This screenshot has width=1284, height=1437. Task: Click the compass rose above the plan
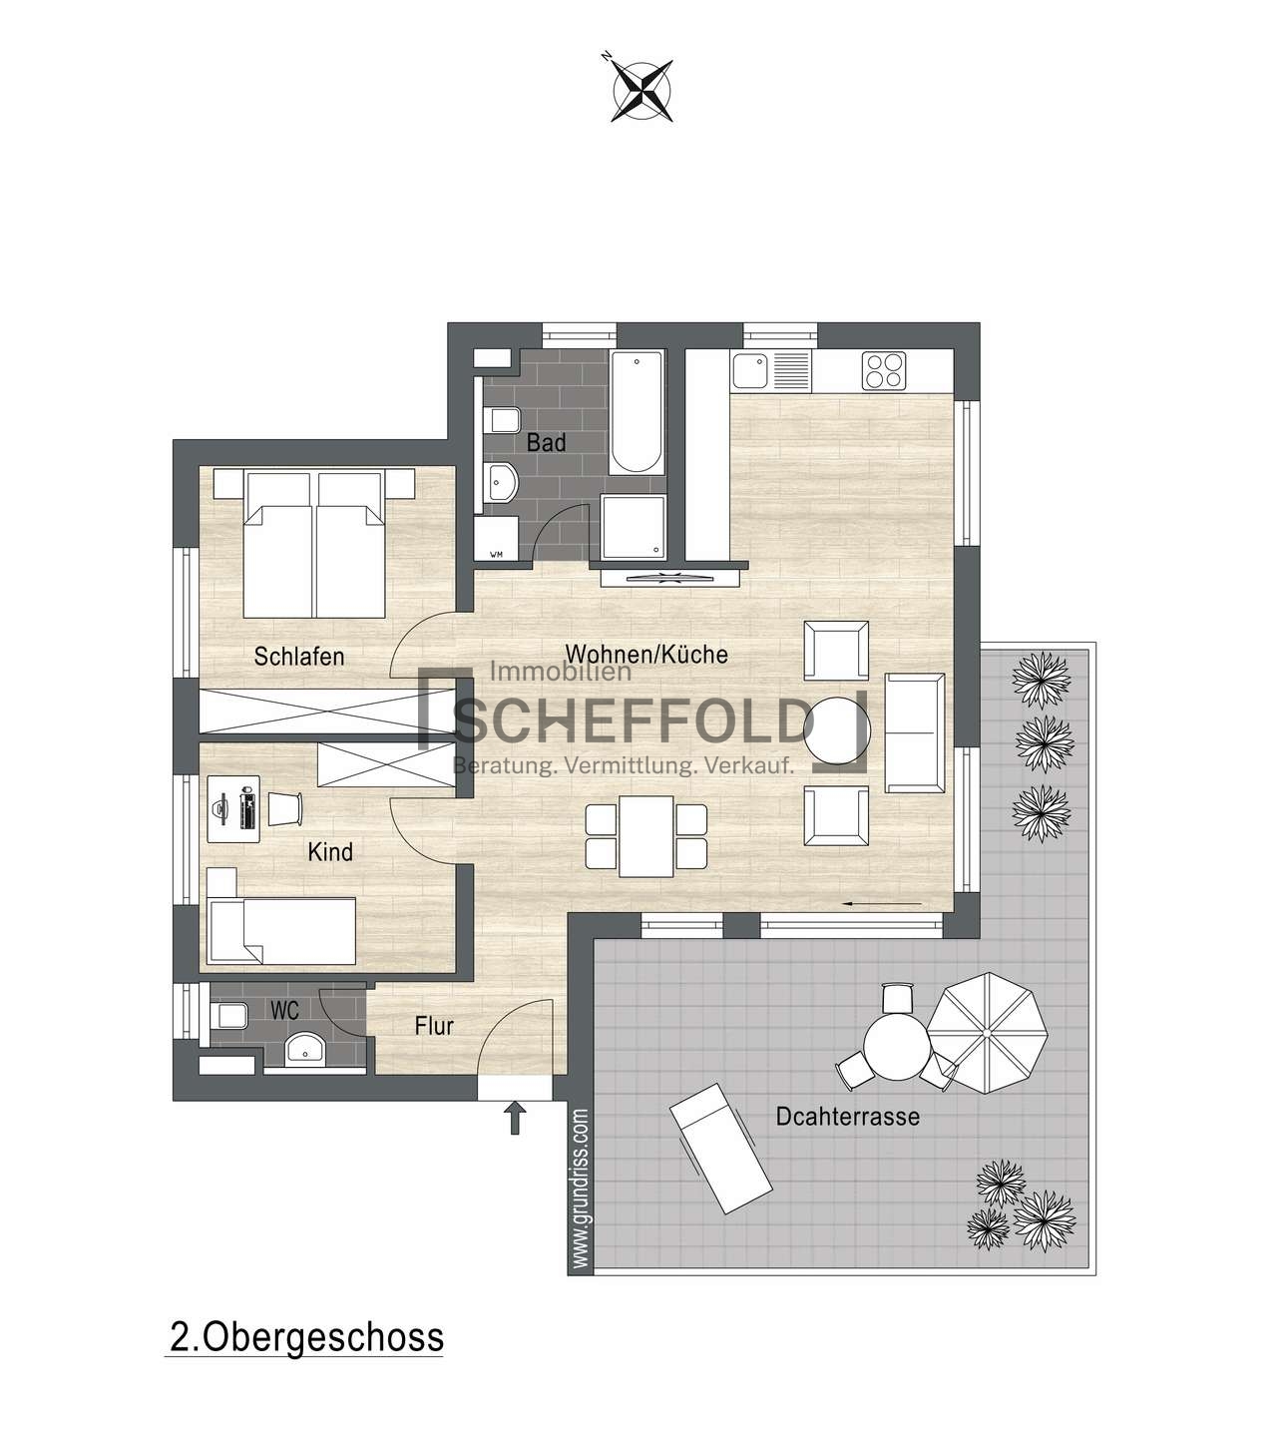[x=642, y=90]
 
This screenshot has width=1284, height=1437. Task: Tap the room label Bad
[x=546, y=443]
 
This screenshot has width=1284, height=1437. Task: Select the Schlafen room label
[x=299, y=656]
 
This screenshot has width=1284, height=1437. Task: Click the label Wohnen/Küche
[x=646, y=654]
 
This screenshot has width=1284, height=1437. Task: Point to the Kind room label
[x=330, y=851]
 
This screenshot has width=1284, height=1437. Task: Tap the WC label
[x=284, y=1011]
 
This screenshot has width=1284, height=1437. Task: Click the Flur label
[x=434, y=1026]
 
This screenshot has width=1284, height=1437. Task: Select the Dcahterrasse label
[x=848, y=1117]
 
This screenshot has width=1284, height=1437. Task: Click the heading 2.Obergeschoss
[x=306, y=1338]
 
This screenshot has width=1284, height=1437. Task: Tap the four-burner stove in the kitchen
[x=884, y=371]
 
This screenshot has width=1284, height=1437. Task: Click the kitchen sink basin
[x=750, y=371]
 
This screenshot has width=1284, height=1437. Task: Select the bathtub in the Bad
[x=637, y=412]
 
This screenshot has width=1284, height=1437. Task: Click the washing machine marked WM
[x=496, y=538]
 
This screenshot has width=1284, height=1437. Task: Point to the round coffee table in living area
[x=837, y=730]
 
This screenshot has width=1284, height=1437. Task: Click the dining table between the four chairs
[x=645, y=836]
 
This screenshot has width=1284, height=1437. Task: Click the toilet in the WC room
[x=228, y=1017]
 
